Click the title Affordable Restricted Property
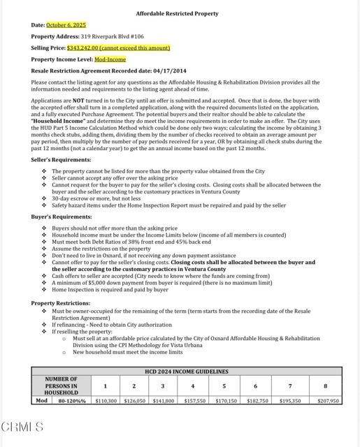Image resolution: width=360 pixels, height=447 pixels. click(177, 13)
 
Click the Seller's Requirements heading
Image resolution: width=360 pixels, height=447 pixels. click(61, 160)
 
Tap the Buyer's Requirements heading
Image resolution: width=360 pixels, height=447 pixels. click(60, 217)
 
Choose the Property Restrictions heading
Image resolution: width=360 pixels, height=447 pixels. click(59, 302)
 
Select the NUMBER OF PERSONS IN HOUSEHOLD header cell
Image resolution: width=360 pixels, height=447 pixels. click(61, 386)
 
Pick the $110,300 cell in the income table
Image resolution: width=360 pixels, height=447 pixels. click(106, 401)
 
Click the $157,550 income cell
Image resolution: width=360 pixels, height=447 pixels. click(194, 401)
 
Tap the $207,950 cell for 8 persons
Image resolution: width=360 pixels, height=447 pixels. click(327, 401)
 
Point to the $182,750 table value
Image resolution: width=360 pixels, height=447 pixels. click(255, 401)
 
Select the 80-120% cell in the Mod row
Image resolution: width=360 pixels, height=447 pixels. click(71, 401)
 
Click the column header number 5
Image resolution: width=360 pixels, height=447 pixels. click(224, 386)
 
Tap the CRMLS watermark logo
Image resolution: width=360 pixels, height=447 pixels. click(22, 427)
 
